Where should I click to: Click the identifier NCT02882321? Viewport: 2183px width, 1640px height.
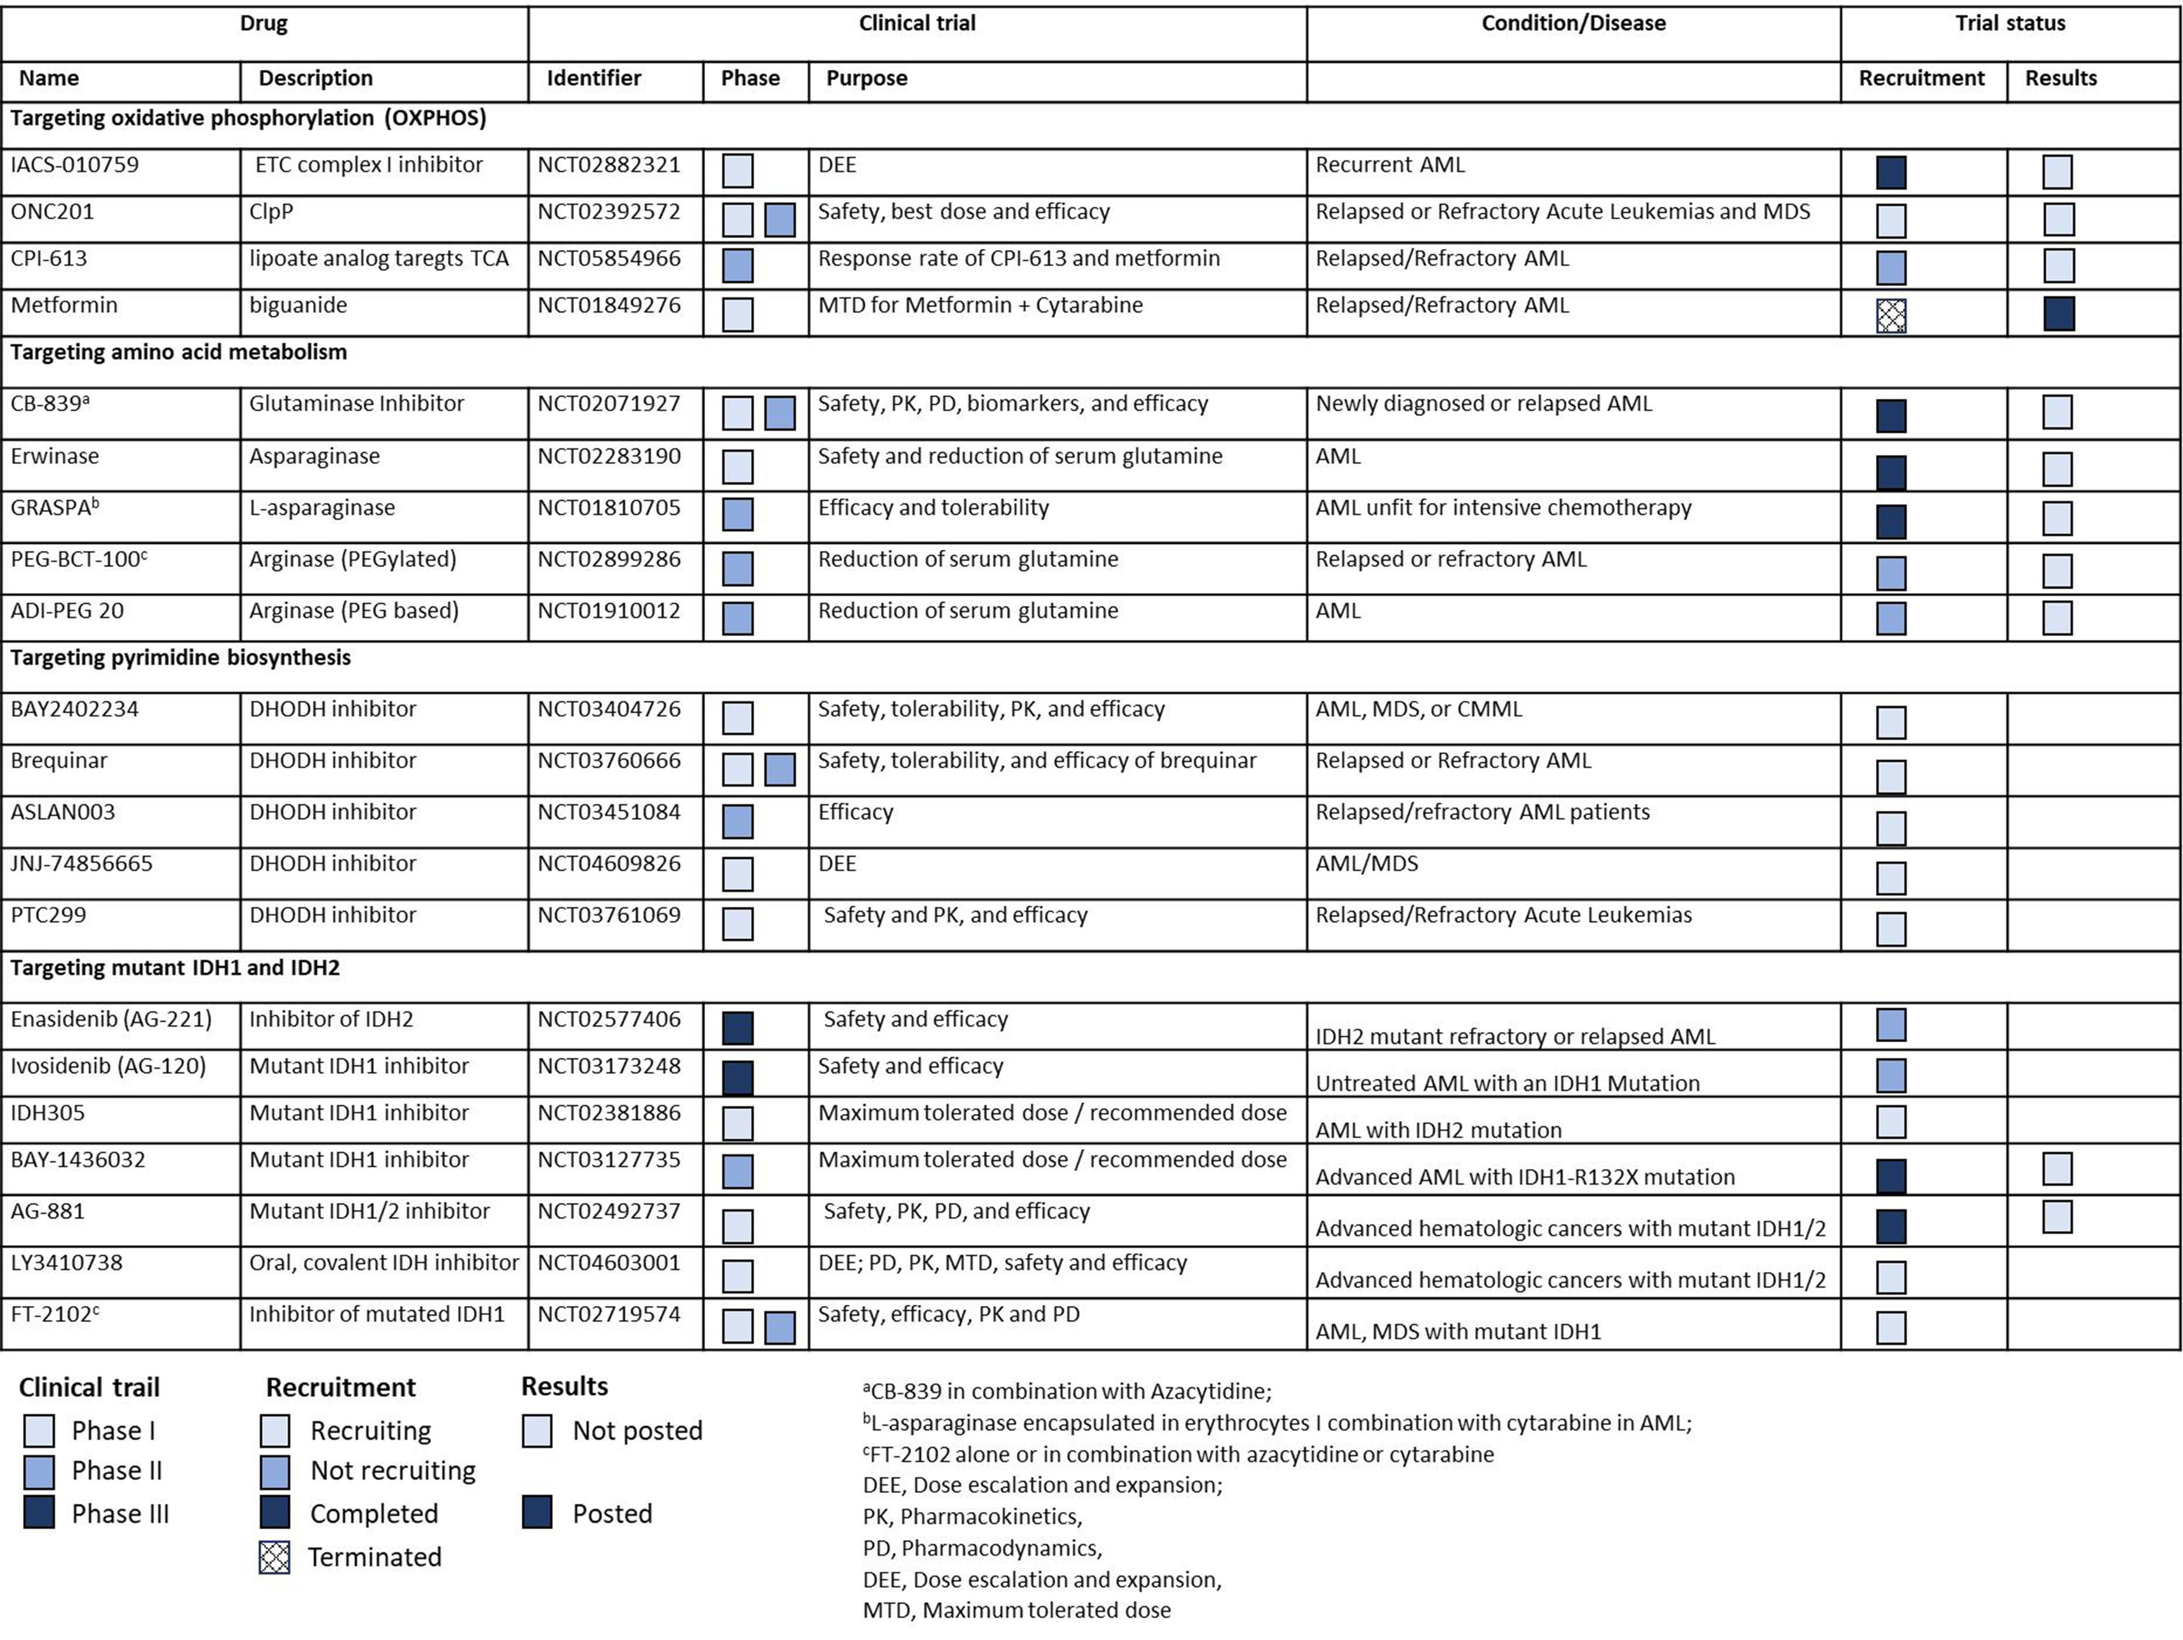(609, 165)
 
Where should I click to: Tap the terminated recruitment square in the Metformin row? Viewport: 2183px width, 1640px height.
(1891, 315)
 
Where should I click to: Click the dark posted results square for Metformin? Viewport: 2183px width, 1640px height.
(2059, 314)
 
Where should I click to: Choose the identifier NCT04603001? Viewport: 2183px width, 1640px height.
(609, 1263)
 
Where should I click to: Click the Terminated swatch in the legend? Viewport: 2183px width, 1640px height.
(274, 1557)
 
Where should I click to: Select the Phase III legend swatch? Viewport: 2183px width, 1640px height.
(39, 1513)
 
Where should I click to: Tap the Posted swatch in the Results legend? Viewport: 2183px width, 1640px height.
(537, 1513)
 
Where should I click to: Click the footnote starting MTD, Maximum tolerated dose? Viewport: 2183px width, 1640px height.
(1017, 1610)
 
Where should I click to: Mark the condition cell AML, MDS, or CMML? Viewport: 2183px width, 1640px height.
(1418, 709)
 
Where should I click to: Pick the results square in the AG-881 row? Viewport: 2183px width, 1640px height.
(2058, 1217)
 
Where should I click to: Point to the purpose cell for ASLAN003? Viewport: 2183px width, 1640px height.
(856, 812)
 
